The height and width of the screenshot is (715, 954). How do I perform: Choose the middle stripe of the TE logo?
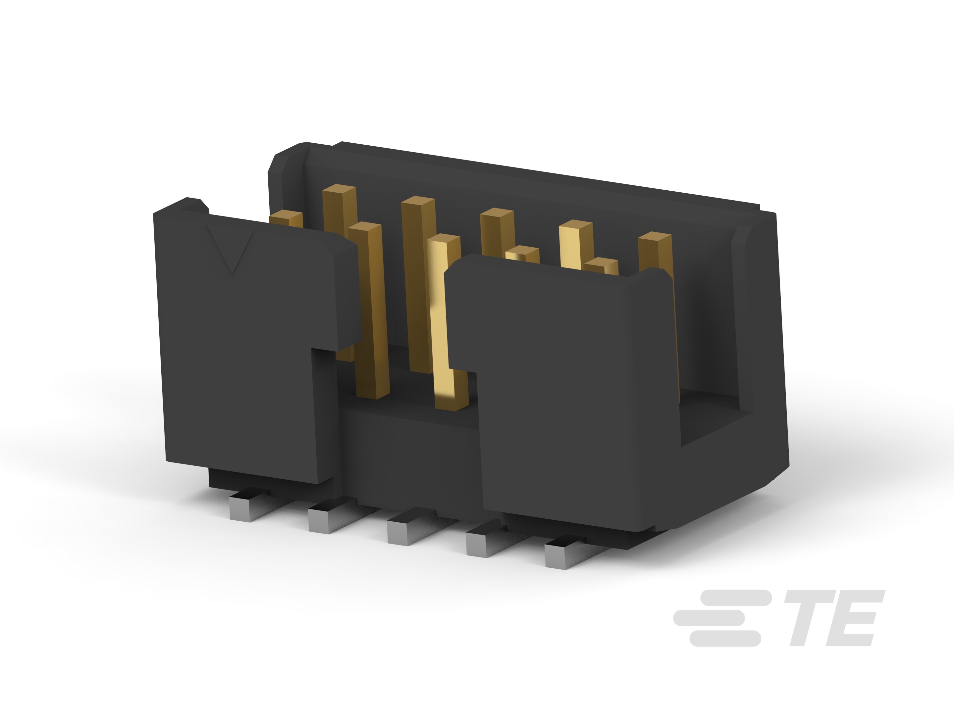click(710, 618)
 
